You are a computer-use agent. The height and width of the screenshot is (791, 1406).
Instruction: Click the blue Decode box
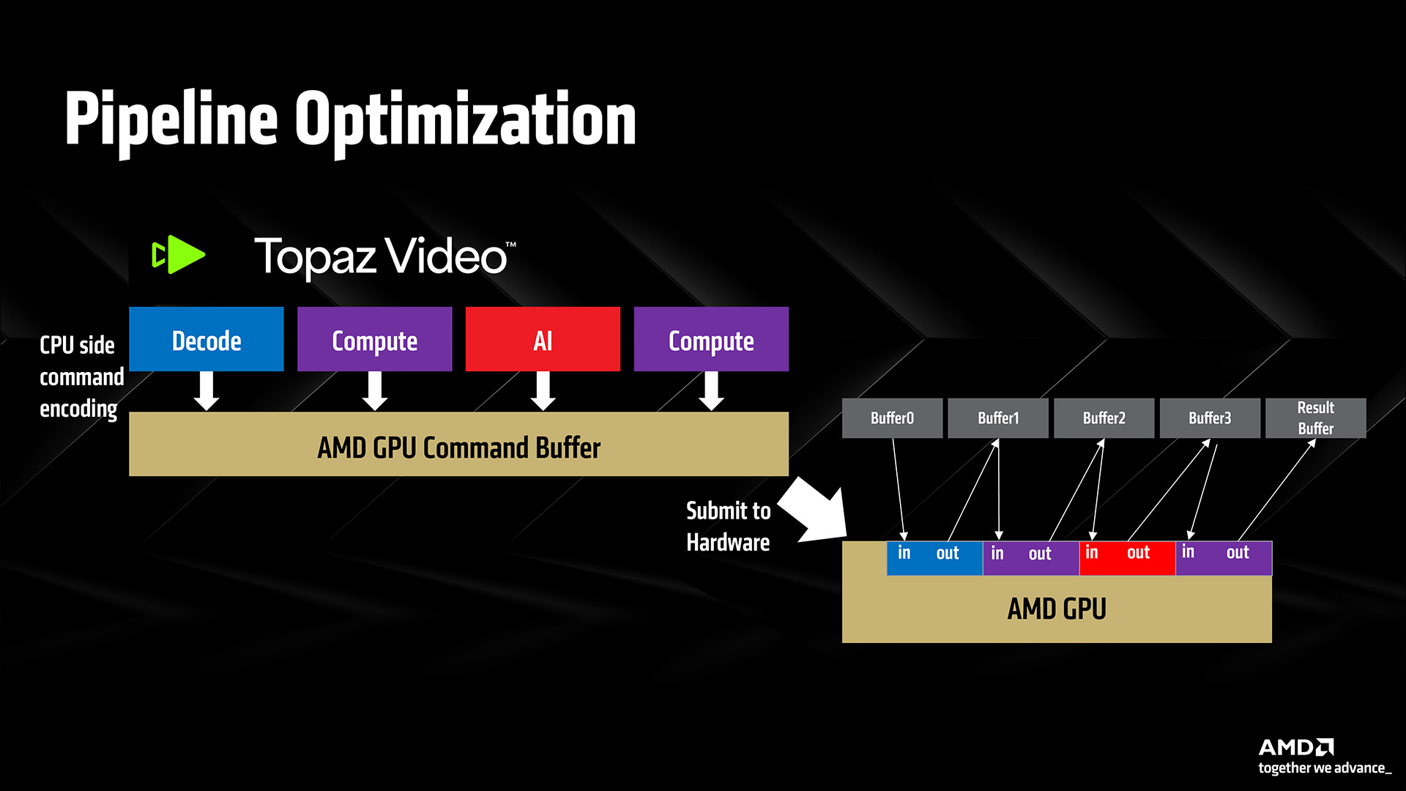(206, 339)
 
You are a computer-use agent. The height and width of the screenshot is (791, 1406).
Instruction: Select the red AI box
(543, 339)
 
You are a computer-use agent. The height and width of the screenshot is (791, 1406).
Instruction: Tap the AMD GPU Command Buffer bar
(458, 445)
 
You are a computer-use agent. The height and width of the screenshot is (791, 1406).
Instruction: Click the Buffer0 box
(892, 418)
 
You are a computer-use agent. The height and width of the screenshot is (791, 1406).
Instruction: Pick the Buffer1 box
(998, 418)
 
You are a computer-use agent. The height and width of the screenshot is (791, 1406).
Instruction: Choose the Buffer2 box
(1104, 418)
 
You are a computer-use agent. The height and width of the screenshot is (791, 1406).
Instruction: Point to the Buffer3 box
(1210, 418)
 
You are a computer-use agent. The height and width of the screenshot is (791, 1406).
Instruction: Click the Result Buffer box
(1315, 418)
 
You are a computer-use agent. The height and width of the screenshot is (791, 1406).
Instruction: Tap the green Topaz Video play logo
(179, 255)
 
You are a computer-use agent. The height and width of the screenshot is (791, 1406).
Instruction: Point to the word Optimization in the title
(465, 120)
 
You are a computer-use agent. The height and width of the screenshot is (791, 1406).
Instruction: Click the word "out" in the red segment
(1138, 553)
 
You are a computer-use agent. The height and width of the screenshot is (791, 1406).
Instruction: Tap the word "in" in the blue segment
(904, 553)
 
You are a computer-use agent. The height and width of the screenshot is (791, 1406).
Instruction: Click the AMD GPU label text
(1057, 609)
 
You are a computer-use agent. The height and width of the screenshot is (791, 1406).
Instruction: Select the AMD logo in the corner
(1295, 747)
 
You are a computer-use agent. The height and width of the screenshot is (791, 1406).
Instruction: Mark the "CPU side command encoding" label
(79, 376)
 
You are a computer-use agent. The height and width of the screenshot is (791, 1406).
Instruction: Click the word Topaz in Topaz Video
(315, 257)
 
